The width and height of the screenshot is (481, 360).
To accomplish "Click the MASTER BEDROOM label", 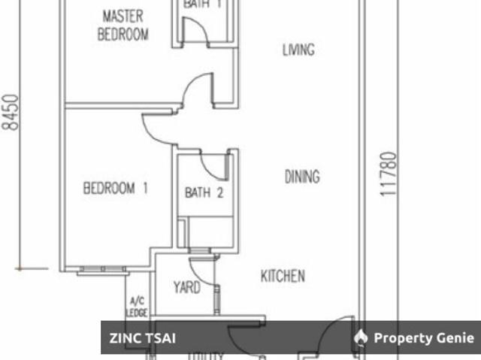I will coord(123,25).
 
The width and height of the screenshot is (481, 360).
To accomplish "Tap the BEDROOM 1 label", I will coord(115,188).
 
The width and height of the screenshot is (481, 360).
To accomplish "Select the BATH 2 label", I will coord(204,192).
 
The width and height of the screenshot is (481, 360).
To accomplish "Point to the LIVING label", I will coord(298,50).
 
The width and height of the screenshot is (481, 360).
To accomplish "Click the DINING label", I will coord(302,177).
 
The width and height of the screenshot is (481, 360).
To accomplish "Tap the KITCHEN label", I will coord(283,276).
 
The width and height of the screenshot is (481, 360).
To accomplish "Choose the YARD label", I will coord(186,287).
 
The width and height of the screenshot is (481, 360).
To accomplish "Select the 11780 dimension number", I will coord(387,174).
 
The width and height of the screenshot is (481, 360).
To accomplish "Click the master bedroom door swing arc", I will coord(197,90).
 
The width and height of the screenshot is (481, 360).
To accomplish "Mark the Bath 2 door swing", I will coord(213,165).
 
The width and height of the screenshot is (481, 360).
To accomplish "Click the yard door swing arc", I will coord(204,272).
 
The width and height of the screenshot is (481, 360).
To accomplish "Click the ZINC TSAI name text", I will coord(144,338).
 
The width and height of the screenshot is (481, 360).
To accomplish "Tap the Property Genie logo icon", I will coord(362,337).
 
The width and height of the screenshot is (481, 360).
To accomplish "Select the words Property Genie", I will coord(424,338).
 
